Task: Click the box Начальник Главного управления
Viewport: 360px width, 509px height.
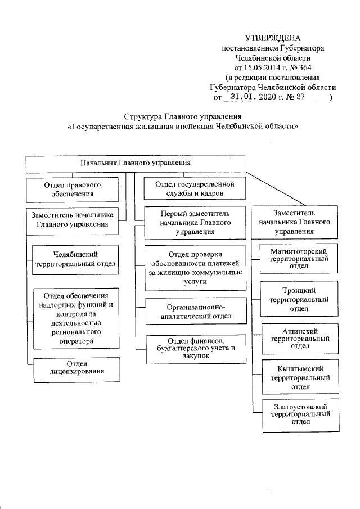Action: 135,163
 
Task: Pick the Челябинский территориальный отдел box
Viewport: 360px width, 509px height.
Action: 75,259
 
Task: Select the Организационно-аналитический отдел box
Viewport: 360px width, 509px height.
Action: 195,312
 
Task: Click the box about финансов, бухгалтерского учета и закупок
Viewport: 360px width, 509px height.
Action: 195,348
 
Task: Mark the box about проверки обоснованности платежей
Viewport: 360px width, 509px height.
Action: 195,268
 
